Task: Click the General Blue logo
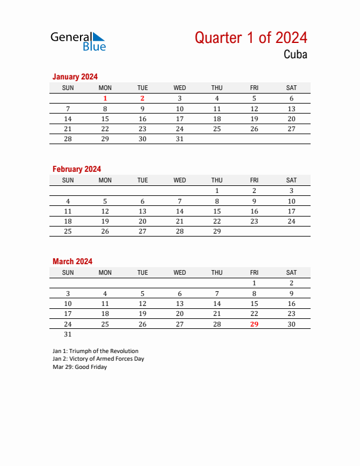click(x=78, y=41)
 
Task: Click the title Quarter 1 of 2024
click(x=251, y=38)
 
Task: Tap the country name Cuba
click(x=295, y=55)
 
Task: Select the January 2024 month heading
click(x=75, y=76)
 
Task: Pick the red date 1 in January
click(x=105, y=99)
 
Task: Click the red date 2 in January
click(x=142, y=99)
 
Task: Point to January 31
click(x=180, y=139)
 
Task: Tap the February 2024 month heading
click(x=76, y=169)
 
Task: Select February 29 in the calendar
click(x=217, y=231)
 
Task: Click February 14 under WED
click(x=180, y=211)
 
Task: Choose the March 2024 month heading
click(x=72, y=261)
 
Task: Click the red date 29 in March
click(x=254, y=324)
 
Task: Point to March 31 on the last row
click(x=68, y=334)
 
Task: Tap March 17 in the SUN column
click(x=68, y=314)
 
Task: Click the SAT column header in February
click(x=291, y=180)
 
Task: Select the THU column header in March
click(x=217, y=272)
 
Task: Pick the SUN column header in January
click(x=68, y=88)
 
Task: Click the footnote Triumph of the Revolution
click(x=95, y=351)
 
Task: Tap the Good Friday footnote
click(x=80, y=367)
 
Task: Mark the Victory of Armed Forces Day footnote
click(x=98, y=358)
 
